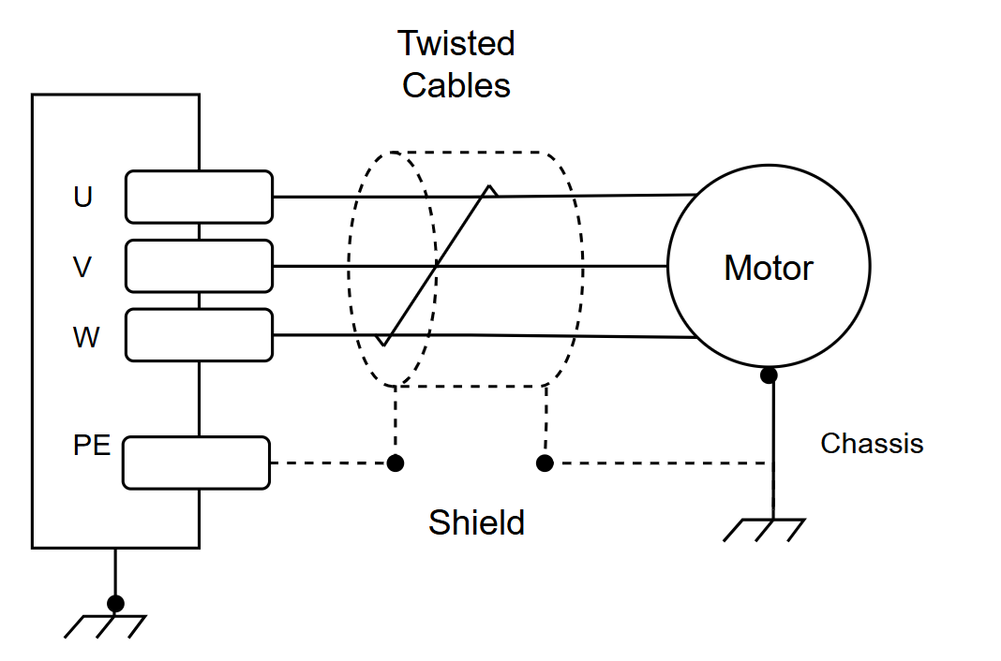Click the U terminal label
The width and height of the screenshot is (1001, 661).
point(83,197)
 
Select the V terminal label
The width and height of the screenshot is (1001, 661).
point(82,267)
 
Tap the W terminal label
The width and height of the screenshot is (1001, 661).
point(86,337)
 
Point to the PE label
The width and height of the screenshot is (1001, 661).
point(92,445)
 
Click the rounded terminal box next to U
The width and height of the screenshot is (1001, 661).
point(200,197)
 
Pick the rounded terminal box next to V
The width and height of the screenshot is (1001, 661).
point(200,267)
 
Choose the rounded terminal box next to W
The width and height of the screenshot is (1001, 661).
point(200,335)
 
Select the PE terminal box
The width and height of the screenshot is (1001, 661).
point(196,463)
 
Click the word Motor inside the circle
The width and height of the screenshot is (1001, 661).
point(768,268)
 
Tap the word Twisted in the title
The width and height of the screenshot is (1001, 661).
point(456,43)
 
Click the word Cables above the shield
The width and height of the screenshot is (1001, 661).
point(456,85)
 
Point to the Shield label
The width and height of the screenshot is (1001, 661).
point(476,522)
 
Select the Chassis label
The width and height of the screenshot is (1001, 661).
point(872,444)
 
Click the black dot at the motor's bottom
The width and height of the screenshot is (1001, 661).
point(769,375)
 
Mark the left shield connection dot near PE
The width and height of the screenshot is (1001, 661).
point(396,463)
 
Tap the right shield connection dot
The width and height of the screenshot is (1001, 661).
point(545,463)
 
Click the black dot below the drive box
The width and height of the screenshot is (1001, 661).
point(115,603)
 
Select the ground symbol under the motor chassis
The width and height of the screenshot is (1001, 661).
point(764,530)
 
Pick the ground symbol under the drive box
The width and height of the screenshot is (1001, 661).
point(105,626)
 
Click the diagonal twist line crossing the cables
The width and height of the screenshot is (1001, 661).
point(436,266)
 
